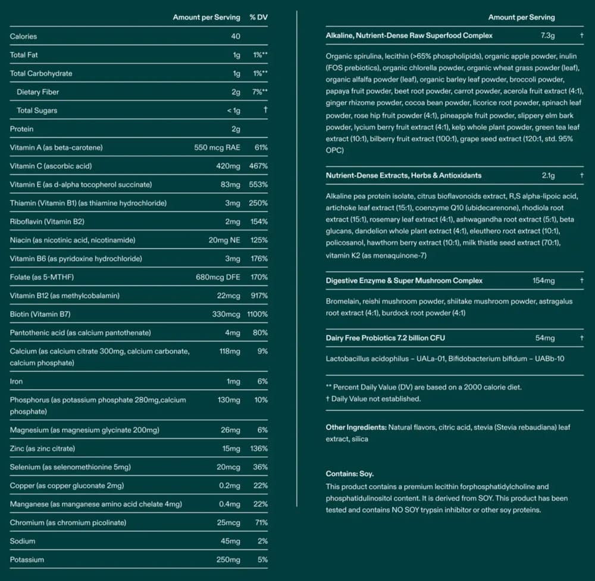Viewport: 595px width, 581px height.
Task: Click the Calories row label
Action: [x=23, y=36]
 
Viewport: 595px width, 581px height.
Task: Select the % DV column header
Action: [x=258, y=17]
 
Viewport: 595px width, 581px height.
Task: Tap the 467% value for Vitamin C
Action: [x=258, y=166]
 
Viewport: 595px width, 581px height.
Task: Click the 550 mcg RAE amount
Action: [x=217, y=147]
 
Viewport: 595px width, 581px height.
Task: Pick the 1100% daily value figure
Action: [x=257, y=314]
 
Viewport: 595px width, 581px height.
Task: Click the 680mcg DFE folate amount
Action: [x=221, y=277]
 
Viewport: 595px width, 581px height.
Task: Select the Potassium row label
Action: [x=27, y=560]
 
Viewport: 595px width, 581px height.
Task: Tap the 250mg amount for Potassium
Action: [x=228, y=560]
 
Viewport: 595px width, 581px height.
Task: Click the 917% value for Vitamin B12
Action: [x=258, y=296]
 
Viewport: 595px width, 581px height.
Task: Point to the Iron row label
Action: [x=16, y=381]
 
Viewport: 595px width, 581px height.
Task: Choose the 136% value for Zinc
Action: [x=258, y=448]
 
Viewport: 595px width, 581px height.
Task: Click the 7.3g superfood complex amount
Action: [x=547, y=36]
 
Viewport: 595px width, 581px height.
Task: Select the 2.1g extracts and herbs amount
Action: [x=548, y=175]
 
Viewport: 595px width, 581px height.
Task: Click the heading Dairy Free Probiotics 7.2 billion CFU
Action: [x=385, y=338]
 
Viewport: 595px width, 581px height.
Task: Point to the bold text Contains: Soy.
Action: [x=349, y=474]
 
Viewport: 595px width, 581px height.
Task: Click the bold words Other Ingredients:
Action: [x=356, y=427]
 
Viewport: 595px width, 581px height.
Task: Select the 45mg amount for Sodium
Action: [x=230, y=541]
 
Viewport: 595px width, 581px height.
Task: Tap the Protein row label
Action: [x=21, y=129]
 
